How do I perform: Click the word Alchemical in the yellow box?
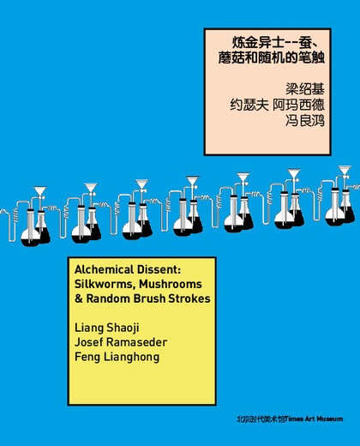[104, 269]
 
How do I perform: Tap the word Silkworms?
[103, 284]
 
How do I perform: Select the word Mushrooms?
[171, 284]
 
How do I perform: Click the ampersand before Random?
[79, 298]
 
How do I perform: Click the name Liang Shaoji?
[107, 328]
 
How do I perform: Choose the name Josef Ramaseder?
[121, 342]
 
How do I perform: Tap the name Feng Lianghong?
[117, 357]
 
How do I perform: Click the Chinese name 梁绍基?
[305, 89]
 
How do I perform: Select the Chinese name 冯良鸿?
[305, 120]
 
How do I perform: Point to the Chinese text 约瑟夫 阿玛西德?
[278, 105]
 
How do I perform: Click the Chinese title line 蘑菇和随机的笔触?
[272, 57]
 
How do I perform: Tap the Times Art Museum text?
[314, 419]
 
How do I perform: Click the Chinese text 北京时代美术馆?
[261, 419]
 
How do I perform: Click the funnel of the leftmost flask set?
[40, 191]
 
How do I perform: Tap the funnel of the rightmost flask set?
[345, 170]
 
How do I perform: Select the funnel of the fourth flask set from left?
[193, 181]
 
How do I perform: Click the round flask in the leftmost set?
[30, 237]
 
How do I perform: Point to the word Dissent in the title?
[159, 269]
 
